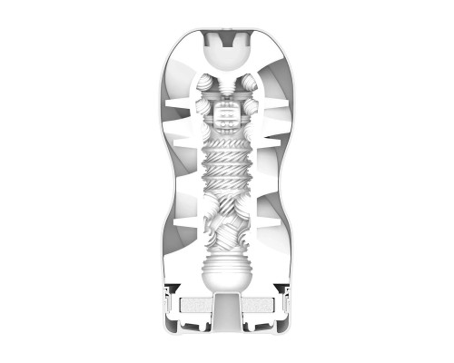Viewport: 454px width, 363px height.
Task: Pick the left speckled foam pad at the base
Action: coord(193,307)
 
